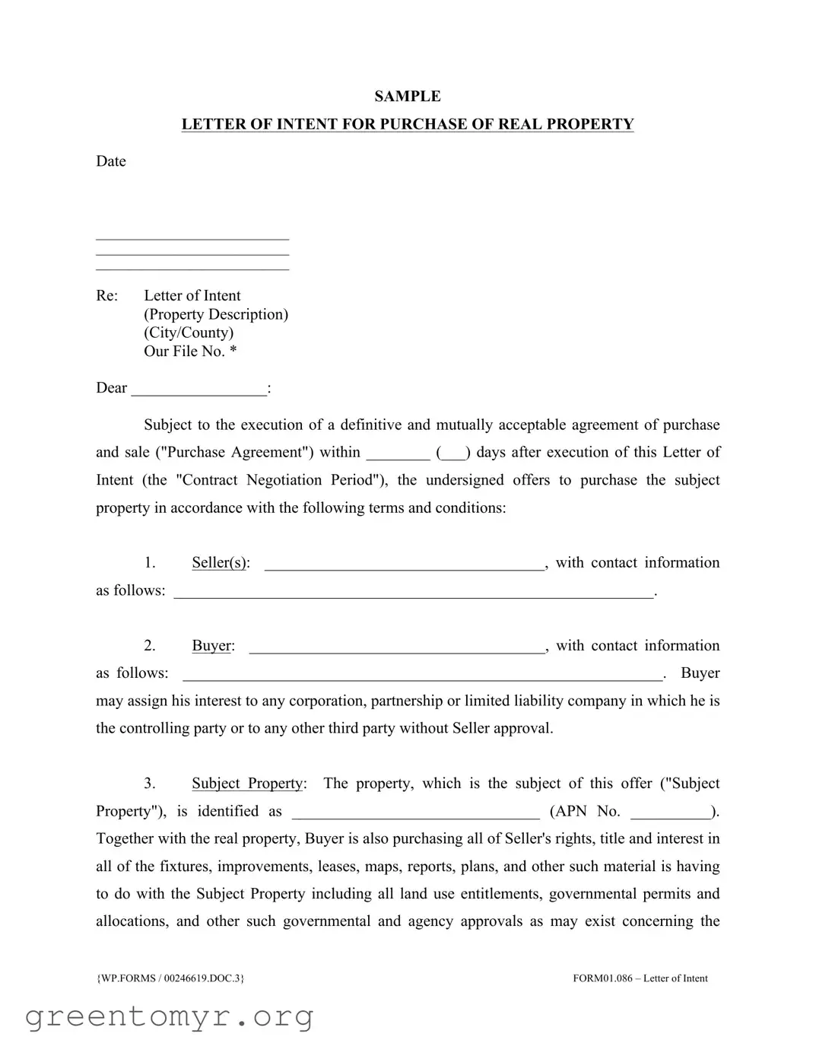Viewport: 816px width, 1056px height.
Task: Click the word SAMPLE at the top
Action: click(407, 97)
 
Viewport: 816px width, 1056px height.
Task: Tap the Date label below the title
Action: click(111, 161)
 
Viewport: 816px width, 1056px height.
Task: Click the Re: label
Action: click(107, 296)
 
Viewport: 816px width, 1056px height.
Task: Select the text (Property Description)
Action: click(216, 314)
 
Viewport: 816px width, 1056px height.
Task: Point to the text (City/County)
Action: click(189, 332)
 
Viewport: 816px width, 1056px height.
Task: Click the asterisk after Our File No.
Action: click(233, 351)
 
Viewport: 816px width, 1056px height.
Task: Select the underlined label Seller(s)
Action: click(219, 563)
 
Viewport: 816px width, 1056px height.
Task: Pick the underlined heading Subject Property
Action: click(247, 784)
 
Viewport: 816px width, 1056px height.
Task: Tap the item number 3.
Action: click(150, 784)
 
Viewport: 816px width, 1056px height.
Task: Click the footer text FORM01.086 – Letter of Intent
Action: click(640, 978)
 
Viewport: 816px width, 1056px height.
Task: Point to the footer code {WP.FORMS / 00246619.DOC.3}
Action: click(170, 978)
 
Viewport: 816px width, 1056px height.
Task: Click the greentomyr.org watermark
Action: click(169, 1016)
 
